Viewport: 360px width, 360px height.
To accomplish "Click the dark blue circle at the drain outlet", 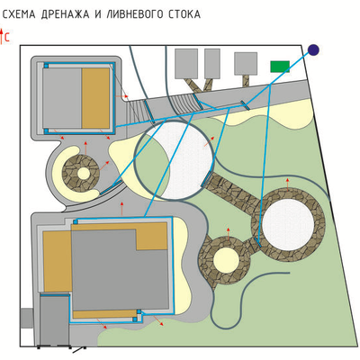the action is (313, 49).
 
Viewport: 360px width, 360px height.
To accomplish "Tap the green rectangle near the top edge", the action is (280, 67).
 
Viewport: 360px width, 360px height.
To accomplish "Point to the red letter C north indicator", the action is (7, 38).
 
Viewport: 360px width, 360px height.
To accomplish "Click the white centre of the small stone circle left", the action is (84, 173).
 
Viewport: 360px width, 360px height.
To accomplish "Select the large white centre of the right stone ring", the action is (288, 225).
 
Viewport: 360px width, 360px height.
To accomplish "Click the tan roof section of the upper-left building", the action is (95, 98).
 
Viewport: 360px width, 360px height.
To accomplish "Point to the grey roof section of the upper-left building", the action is (62, 98).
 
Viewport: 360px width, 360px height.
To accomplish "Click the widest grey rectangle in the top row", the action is (186, 64).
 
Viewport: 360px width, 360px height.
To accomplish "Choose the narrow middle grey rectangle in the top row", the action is (212, 64).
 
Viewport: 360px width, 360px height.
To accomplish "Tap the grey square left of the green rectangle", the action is (246, 64).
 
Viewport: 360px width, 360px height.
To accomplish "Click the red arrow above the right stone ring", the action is (287, 184).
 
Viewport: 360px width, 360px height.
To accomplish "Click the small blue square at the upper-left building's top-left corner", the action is (46, 66).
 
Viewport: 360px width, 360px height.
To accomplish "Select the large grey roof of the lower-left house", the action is (120, 270).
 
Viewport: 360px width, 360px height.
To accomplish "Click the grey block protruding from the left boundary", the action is (26, 318).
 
